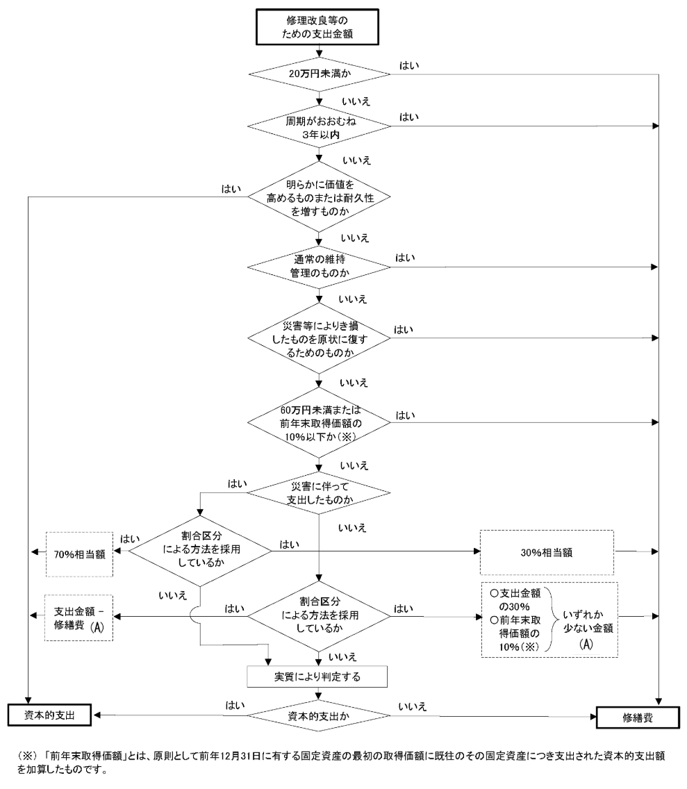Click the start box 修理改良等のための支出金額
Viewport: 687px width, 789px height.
[x=319, y=26]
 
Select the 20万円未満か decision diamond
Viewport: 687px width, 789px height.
[x=319, y=72]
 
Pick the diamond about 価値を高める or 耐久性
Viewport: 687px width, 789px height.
[x=319, y=197]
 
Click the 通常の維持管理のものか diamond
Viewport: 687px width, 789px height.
[x=319, y=267]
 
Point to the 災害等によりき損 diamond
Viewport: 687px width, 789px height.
[x=319, y=338]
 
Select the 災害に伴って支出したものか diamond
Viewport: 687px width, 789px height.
[x=319, y=492]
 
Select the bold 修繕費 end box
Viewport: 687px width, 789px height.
[x=636, y=717]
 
